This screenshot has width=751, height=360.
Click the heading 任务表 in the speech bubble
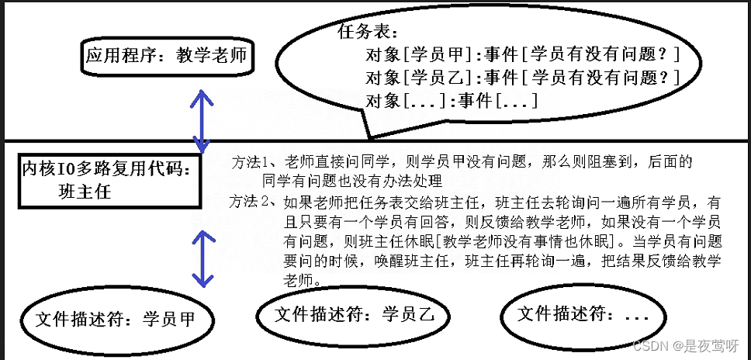(369, 34)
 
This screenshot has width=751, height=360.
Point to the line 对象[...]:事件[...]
(451, 100)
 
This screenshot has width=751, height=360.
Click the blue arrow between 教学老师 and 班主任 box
(202, 121)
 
